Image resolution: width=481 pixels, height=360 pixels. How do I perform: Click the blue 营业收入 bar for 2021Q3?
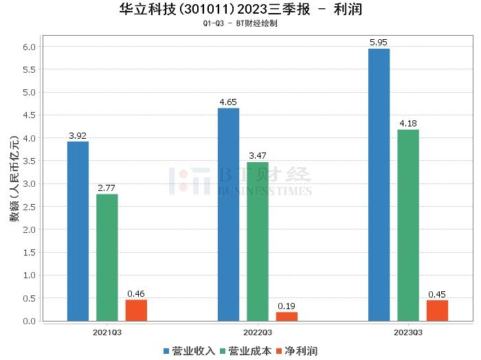[x=78, y=231]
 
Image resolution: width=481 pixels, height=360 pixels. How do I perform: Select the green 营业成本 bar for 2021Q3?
[x=107, y=257]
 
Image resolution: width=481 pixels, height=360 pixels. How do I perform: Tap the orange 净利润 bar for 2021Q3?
[x=136, y=310]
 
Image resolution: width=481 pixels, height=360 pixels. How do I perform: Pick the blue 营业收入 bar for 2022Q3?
[x=228, y=214]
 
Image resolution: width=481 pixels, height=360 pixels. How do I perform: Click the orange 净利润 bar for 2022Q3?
[x=287, y=316]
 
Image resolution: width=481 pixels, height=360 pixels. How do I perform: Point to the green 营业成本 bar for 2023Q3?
[x=408, y=225]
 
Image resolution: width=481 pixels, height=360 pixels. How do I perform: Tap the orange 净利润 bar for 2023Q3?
[x=437, y=310]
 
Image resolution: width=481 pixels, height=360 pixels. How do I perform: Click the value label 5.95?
[x=379, y=43]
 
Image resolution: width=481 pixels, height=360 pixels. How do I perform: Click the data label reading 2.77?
[x=107, y=188]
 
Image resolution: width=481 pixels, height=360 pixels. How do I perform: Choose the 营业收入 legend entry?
[x=190, y=351]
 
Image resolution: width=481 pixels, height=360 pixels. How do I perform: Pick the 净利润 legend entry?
[x=297, y=351]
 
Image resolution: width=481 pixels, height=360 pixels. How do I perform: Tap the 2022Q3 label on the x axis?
[x=258, y=333]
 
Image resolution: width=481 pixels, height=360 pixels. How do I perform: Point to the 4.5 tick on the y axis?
[x=30, y=115]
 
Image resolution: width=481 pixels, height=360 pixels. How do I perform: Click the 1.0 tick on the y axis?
[x=30, y=275]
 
